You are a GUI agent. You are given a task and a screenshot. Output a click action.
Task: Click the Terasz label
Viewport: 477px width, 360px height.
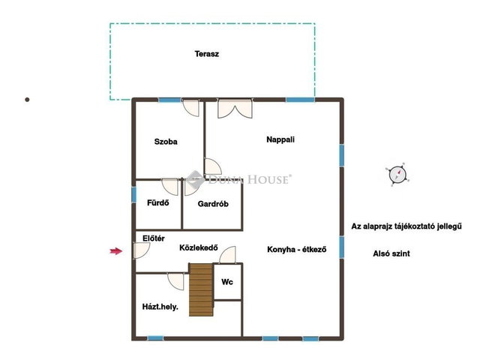[x=207, y=54]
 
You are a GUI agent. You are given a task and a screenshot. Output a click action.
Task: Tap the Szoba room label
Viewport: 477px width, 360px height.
[x=166, y=142]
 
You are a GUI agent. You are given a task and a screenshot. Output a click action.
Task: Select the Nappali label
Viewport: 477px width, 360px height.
[x=280, y=139]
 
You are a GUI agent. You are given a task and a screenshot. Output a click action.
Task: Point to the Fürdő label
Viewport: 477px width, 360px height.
[x=158, y=202]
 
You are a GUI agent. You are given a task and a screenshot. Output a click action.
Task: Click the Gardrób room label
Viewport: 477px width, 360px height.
[x=213, y=204]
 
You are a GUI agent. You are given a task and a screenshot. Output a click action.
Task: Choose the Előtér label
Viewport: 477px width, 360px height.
[x=154, y=238]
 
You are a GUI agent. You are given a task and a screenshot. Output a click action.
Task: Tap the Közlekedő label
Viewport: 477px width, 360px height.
[x=199, y=247]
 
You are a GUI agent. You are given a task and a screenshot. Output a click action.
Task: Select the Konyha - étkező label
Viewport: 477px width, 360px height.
[x=296, y=250]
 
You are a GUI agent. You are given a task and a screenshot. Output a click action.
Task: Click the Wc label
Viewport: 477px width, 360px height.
[x=227, y=282]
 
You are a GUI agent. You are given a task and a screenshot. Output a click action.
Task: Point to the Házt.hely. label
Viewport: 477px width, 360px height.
[x=160, y=307]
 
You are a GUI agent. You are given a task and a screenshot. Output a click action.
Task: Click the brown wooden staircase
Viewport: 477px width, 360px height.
[x=201, y=289]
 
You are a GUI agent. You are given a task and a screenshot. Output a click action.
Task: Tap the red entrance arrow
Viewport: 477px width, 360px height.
[x=116, y=251]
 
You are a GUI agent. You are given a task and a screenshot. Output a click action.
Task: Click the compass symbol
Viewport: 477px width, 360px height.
[x=397, y=175]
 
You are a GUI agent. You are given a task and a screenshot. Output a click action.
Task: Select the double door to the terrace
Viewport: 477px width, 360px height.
[x=235, y=108]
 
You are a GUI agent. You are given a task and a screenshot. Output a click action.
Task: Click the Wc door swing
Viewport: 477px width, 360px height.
[x=227, y=255]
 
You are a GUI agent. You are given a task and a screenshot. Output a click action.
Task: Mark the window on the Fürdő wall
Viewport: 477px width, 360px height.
[x=133, y=195]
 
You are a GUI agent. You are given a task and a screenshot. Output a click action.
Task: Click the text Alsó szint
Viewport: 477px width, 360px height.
[x=391, y=253]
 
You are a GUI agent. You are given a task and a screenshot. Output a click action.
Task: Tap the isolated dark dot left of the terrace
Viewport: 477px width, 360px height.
[x=27, y=100]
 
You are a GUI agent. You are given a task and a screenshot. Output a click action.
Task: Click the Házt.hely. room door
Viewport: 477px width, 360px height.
[x=175, y=281]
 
